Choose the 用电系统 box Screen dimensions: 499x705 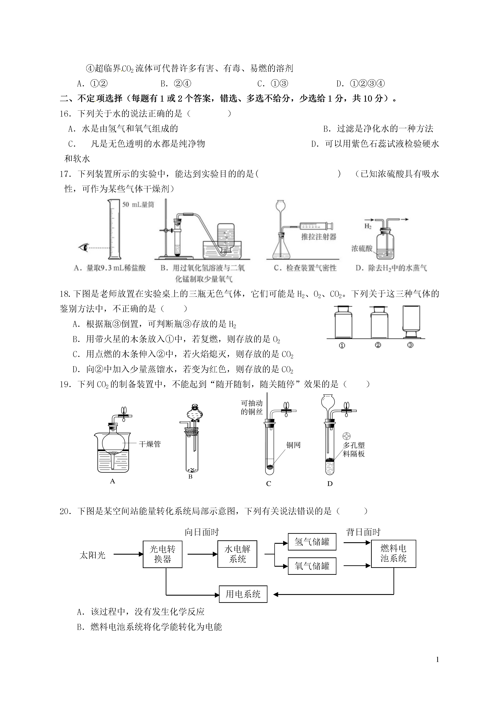[243, 594]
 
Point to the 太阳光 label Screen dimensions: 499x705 [92, 555]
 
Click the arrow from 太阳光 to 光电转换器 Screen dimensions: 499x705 [128, 554]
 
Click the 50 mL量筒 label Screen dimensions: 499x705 [138, 204]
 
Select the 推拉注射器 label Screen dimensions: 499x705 [319, 237]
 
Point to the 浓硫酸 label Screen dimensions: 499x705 [362, 248]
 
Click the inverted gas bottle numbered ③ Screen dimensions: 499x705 [411, 322]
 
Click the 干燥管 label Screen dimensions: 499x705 [150, 444]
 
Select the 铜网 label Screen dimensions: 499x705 [293, 445]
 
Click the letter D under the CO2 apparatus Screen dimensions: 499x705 [330, 484]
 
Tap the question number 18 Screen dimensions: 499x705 [65, 294]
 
